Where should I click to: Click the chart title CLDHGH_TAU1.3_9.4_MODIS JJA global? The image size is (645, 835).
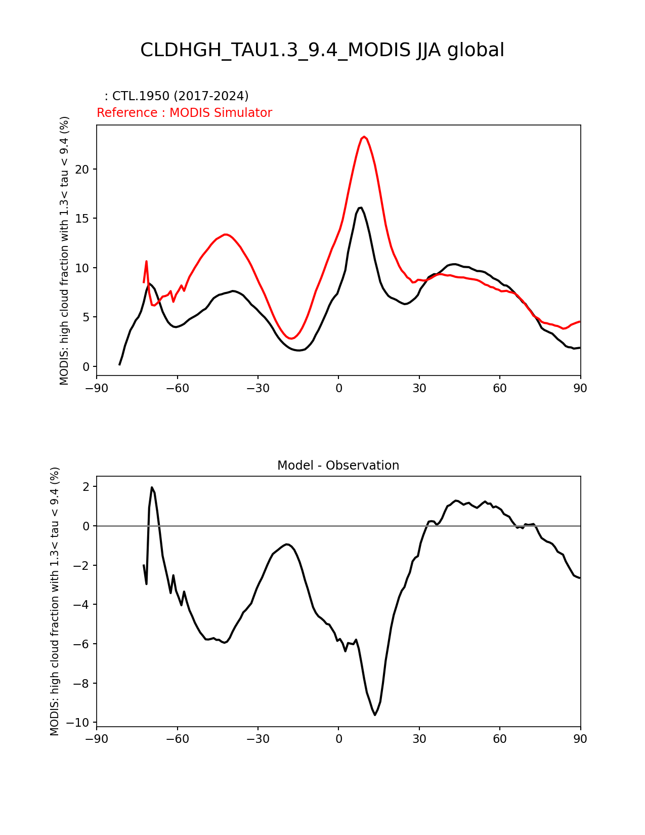[322, 50]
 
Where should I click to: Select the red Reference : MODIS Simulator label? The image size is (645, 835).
[185, 112]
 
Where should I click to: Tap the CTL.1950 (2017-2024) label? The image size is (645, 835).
[180, 96]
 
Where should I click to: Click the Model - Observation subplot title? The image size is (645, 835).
[338, 466]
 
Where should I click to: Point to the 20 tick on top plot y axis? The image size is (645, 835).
[82, 170]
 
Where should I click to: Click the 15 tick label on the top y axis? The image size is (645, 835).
[82, 219]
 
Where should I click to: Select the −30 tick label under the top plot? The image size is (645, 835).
[258, 389]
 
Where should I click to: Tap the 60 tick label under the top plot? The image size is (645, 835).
[500, 389]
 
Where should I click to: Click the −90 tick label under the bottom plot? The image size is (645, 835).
[97, 739]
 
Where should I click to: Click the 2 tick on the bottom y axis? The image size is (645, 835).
[85, 486]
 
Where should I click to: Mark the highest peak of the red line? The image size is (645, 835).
[364, 137]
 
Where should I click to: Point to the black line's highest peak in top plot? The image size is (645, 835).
[360, 207]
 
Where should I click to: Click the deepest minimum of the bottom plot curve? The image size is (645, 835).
[375, 715]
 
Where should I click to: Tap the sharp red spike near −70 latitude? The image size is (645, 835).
[146, 261]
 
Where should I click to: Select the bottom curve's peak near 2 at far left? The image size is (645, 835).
[152, 487]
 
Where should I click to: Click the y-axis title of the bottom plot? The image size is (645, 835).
[54, 601]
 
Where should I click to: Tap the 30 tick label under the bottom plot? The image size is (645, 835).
[419, 739]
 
